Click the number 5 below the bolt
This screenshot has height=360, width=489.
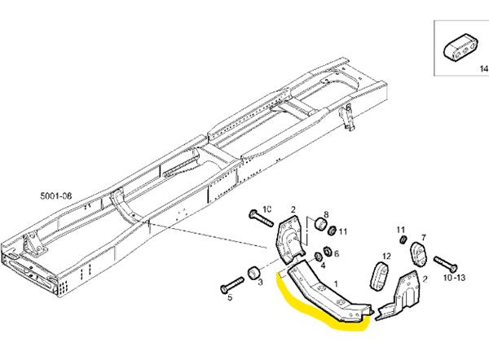tap(230, 298)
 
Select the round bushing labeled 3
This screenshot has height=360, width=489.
tap(254, 270)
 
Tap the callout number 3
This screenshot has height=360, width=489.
tap(259, 283)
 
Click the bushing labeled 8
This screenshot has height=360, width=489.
tap(322, 221)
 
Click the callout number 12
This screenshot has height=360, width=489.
tap(387, 257)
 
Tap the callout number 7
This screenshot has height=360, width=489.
tap(424, 238)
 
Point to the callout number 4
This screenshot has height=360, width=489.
tap(324, 265)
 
